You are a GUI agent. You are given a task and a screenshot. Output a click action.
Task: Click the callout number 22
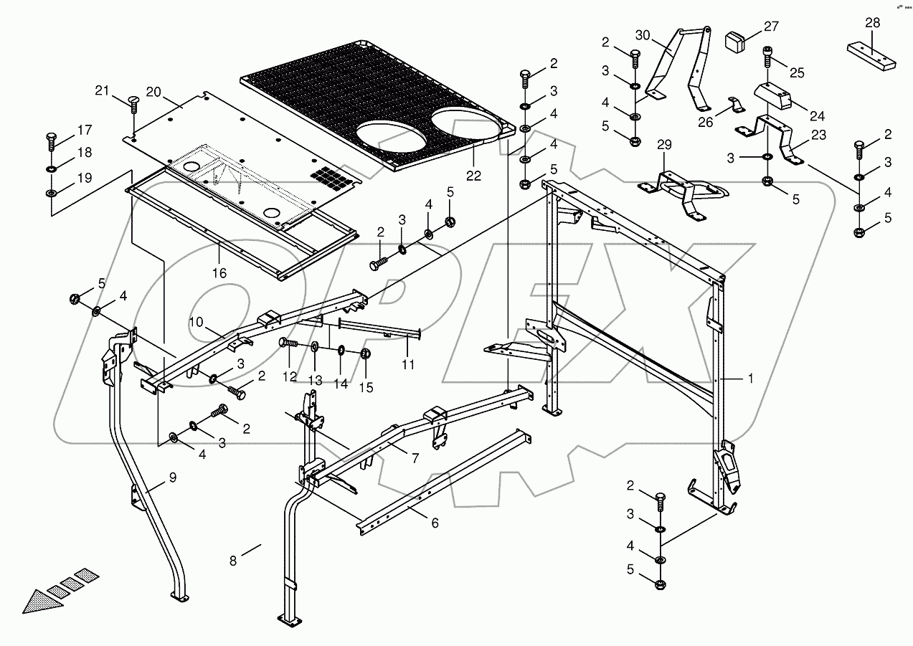pyautogui.click(x=474, y=175)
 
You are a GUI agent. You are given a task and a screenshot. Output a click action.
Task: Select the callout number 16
pyautogui.click(x=219, y=273)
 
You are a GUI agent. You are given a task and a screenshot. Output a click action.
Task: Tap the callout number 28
pyautogui.click(x=872, y=23)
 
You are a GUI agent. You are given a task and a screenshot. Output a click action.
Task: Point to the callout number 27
pyautogui.click(x=771, y=27)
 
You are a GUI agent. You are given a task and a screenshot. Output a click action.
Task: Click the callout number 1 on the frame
pyautogui.click(x=751, y=379)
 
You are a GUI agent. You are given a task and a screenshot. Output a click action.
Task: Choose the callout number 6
pyautogui.click(x=435, y=523)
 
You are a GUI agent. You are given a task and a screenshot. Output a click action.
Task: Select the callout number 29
pyautogui.click(x=665, y=146)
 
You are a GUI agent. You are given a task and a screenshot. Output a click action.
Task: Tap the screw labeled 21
pyautogui.click(x=133, y=104)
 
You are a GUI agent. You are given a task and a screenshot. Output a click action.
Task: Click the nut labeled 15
pyautogui.click(x=365, y=353)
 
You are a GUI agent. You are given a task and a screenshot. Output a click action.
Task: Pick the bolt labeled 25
pyautogui.click(x=767, y=56)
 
